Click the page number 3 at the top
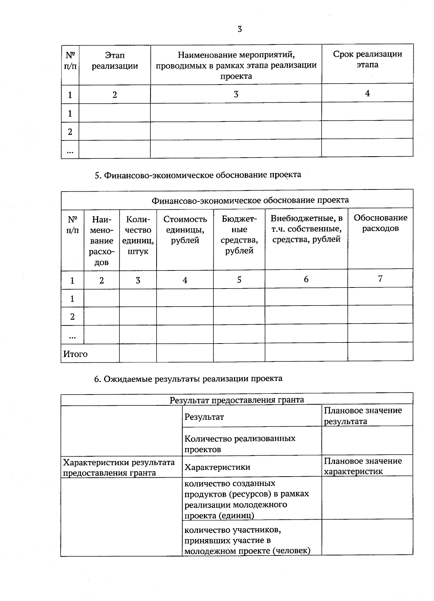[239, 29]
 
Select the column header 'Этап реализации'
[115, 61]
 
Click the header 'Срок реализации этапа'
[367, 59]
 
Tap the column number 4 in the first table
[367, 93]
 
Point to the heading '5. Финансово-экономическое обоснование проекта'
[197, 175]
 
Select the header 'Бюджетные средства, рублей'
[239, 235]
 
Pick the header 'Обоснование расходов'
[380, 223]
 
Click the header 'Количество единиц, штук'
[138, 235]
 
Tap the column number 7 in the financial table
[380, 278]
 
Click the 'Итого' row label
[76, 354]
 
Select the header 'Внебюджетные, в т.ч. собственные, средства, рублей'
[306, 228]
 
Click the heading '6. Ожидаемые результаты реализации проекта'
[188, 379]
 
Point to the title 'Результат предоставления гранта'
[237, 400]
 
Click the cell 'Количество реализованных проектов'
[240, 444]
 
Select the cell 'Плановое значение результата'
[363, 415]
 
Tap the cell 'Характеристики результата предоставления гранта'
[119, 467]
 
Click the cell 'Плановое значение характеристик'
[363, 466]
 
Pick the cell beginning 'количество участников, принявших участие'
[247, 540]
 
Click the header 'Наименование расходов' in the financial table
[102, 240]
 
